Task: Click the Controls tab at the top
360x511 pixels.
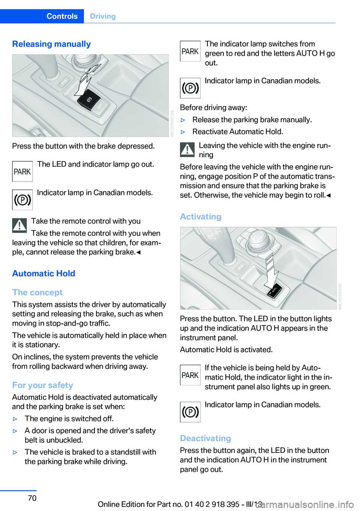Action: pyautogui.click(x=62, y=16)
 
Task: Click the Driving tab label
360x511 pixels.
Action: pyautogui.click(x=103, y=16)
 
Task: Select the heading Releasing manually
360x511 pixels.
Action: pyautogui.click(x=51, y=44)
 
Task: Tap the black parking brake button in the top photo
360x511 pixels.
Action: pyautogui.click(x=89, y=100)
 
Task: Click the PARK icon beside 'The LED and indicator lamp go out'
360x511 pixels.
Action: pyautogui.click(x=22, y=171)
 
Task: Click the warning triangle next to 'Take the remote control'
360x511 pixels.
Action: pyautogui.click(x=19, y=225)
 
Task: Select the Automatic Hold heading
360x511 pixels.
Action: pyautogui.click(x=43, y=274)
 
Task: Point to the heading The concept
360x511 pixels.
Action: pyautogui.click(x=37, y=292)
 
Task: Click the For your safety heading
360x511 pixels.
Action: pyautogui.click(x=42, y=385)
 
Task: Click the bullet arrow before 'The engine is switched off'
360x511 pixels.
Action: pyautogui.click(x=15, y=419)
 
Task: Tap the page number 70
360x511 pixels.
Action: pyautogui.click(x=32, y=498)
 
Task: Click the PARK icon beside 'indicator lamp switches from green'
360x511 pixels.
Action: pyautogui.click(x=190, y=51)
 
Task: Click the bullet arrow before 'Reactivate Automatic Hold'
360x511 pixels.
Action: pyautogui.click(x=183, y=132)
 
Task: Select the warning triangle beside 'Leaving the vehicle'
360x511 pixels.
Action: pyautogui.click(x=187, y=150)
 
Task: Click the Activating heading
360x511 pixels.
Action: pyautogui.click(x=201, y=216)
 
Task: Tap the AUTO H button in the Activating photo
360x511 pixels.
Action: pyautogui.click(x=274, y=291)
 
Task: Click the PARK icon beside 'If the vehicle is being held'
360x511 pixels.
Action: pyautogui.click(x=190, y=375)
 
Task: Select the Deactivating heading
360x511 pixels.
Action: pyautogui.click(x=205, y=438)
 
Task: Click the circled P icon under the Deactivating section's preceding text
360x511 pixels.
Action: pyautogui.click(x=190, y=412)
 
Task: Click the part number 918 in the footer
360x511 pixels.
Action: pyautogui.click(x=219, y=504)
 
